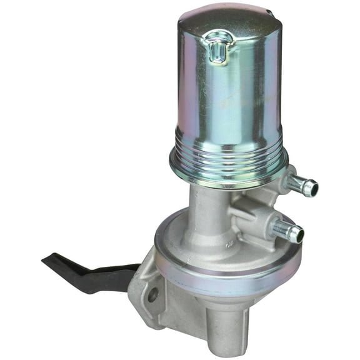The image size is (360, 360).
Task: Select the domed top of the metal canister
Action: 225,22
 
